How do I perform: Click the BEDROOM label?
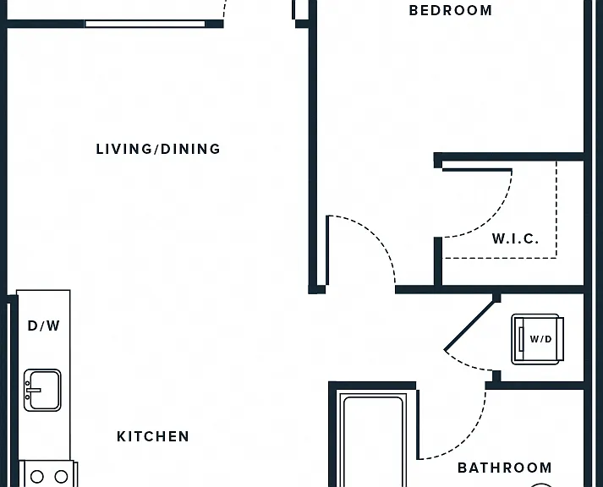[450, 10]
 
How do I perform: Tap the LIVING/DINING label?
[158, 149]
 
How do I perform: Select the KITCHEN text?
[153, 436]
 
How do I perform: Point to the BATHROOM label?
[505, 468]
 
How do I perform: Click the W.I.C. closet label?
[515, 238]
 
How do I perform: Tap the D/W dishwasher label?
[44, 326]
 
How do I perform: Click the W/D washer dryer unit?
[537, 339]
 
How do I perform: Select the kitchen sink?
[42, 390]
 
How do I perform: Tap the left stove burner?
[37, 477]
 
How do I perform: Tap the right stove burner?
[61, 477]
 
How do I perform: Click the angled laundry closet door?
[470, 326]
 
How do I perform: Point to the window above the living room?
[145, 24]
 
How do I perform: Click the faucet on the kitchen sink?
[32, 390]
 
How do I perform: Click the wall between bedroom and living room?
[313, 146]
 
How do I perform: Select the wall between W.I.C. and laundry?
[490, 290]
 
